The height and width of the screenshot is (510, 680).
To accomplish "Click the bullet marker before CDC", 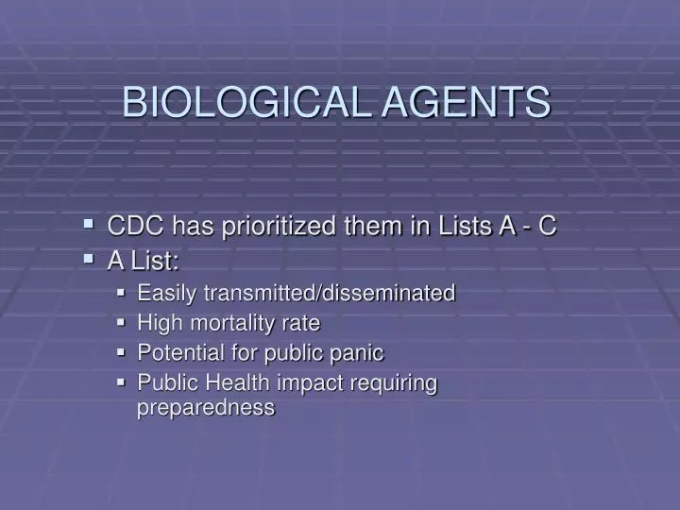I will [x=88, y=226].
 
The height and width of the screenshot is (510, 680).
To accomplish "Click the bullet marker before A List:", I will [x=88, y=258].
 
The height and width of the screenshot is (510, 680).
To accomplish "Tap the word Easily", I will [x=163, y=294].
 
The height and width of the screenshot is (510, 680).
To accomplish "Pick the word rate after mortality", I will [x=301, y=324].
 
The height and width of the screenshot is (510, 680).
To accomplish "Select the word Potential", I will [x=176, y=353].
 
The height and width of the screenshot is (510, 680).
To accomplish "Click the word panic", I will [x=359, y=353].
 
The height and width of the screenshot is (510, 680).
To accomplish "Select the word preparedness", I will [x=206, y=408].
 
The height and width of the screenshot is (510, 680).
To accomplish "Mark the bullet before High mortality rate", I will [x=122, y=323].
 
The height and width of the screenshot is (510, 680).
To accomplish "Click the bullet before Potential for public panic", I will [x=122, y=353].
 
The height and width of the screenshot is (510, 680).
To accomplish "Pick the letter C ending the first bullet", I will [x=547, y=227].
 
